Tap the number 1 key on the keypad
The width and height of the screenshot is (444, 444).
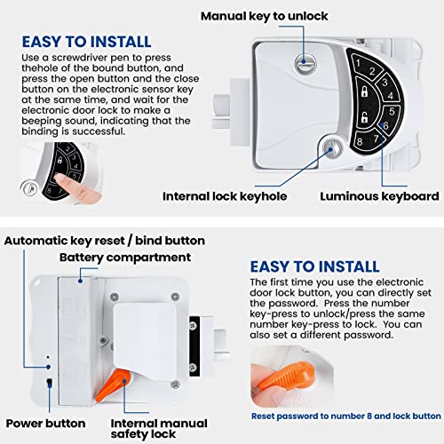click(x=358, y=63)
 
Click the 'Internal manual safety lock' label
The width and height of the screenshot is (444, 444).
click(x=169, y=429)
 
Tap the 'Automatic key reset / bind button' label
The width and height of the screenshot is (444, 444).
click(x=105, y=241)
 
